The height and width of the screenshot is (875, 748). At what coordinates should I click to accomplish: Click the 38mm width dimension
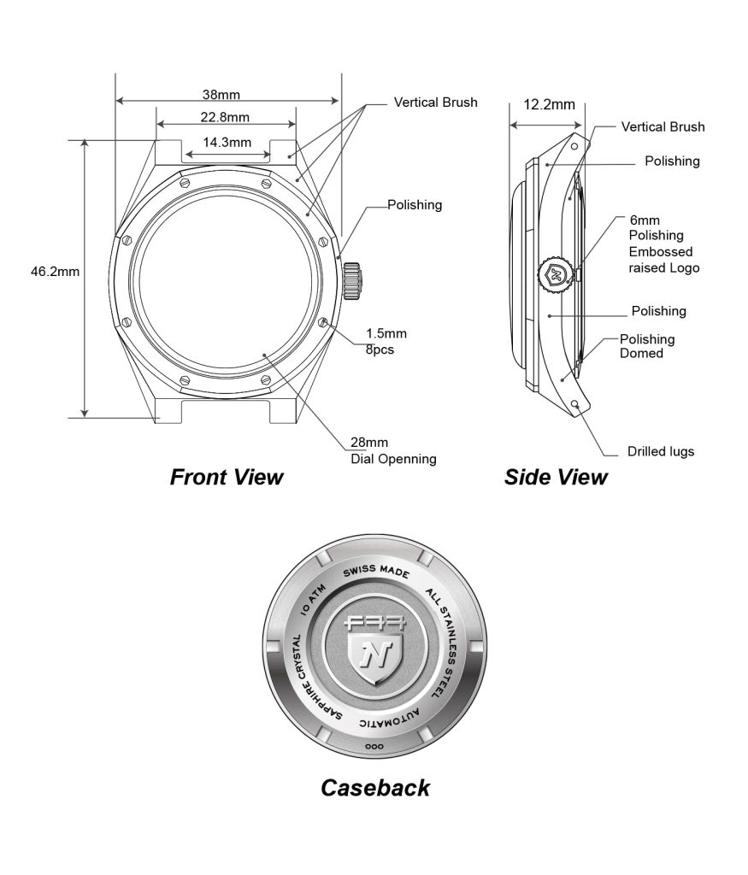221,93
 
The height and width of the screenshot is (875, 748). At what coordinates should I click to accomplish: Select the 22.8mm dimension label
225,117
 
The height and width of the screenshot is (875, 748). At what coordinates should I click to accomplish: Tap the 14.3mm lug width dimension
227,143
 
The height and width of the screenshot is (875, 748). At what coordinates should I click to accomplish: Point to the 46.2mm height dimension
56,272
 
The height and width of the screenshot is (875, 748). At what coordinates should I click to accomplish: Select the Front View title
227,477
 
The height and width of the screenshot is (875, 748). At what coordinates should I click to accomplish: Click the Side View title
556,477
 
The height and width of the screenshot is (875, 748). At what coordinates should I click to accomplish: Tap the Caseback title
374,787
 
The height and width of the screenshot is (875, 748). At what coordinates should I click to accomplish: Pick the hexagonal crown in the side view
554,273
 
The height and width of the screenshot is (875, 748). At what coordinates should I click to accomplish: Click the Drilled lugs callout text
660,451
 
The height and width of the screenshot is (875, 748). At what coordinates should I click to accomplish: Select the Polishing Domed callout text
647,346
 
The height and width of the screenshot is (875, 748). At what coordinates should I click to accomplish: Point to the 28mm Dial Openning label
393,450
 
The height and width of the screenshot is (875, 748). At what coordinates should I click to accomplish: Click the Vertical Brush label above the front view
436,103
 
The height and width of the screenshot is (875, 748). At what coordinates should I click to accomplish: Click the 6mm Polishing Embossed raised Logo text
660,244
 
